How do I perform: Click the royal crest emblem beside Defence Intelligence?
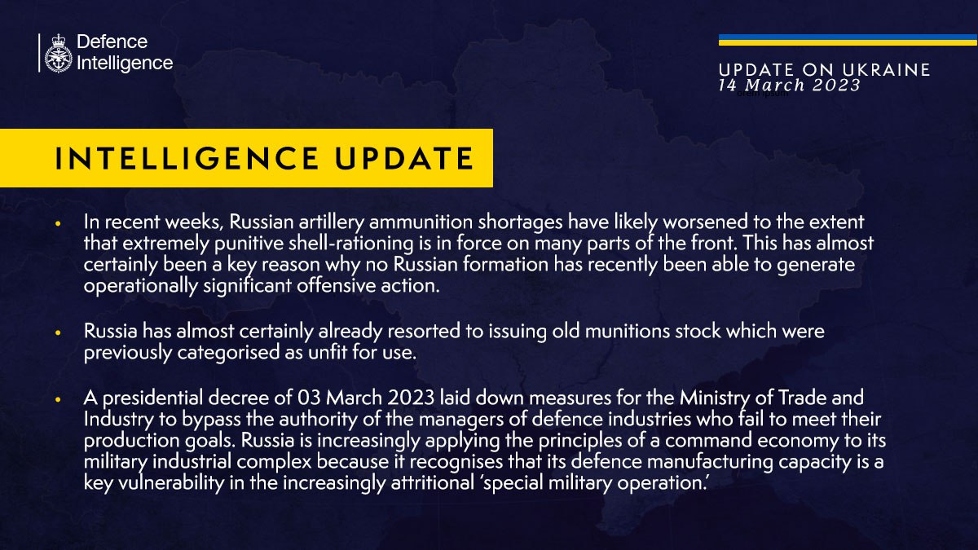coord(58,54)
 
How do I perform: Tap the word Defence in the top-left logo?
coord(112,42)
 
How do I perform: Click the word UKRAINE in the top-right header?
coord(891,71)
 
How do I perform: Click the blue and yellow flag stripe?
coord(848,40)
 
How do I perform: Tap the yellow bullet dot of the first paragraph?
coord(59,222)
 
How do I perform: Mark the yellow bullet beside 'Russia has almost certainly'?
coord(59,333)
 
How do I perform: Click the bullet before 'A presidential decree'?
coord(59,399)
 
